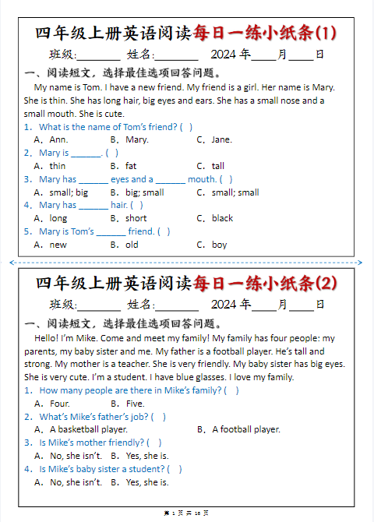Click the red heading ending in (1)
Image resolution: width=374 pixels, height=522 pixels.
[x=264, y=32]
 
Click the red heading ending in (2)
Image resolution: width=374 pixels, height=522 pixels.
[x=264, y=282]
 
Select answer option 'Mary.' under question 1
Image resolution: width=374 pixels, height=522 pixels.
[x=136, y=139]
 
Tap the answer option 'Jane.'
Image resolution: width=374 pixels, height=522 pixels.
[x=221, y=139]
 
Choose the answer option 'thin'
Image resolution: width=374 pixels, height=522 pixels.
[x=57, y=166]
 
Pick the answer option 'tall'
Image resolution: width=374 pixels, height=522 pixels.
[x=217, y=166]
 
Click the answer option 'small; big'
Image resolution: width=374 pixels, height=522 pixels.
[x=69, y=192]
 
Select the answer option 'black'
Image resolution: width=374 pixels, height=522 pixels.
[x=222, y=218]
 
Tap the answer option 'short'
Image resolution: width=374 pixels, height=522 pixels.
[x=136, y=218]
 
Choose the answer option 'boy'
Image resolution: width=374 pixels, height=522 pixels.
[x=219, y=245]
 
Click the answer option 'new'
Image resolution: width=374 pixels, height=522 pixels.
[x=58, y=245]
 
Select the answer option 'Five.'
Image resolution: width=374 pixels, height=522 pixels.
[x=135, y=404]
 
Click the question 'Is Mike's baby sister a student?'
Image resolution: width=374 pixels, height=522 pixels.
[x=101, y=469]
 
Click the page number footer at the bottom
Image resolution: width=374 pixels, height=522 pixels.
[x=186, y=513]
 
